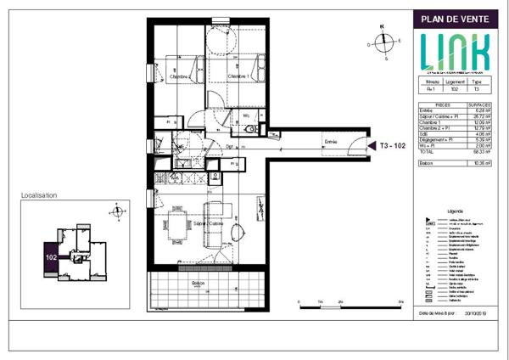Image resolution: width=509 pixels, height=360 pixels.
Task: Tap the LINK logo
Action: (456, 52)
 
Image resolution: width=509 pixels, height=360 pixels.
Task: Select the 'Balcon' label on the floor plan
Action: (198, 284)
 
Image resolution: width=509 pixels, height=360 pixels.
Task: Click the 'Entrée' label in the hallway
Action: (332, 141)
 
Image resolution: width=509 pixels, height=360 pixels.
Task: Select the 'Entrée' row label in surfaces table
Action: (427, 110)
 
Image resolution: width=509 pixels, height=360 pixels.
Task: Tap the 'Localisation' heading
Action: (39, 195)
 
